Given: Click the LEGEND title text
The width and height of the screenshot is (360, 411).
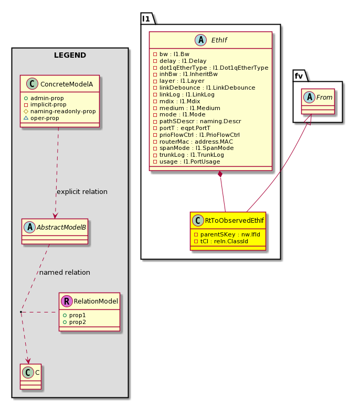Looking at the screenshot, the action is (x=70, y=56).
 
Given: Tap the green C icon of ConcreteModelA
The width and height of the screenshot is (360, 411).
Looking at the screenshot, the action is (x=33, y=84).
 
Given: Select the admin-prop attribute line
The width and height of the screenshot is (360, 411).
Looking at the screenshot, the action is (x=44, y=99).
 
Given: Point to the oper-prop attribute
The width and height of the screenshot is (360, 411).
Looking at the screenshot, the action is (x=41, y=118).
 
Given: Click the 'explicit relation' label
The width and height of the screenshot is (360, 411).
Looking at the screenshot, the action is (x=82, y=192).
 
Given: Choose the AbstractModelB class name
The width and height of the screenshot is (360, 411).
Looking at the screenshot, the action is (x=61, y=228).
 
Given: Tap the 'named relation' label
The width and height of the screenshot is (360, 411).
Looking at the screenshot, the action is (x=65, y=273).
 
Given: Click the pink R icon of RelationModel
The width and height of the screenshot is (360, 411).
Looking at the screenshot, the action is (x=67, y=301).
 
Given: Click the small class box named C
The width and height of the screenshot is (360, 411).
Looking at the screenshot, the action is (x=30, y=376).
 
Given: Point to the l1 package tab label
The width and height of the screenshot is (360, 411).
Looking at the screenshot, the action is (x=146, y=19).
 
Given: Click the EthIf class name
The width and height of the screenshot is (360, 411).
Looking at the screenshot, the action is (x=219, y=40).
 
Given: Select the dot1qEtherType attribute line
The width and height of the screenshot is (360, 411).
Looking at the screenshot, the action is (x=211, y=68).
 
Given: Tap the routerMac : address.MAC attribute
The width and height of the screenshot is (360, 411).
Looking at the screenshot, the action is (x=193, y=142).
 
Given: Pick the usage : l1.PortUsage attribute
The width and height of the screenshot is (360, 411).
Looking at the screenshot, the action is (x=187, y=161).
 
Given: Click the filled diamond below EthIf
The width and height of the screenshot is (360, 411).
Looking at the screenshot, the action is (x=220, y=174).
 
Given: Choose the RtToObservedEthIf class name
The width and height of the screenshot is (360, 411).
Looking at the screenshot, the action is (x=234, y=220).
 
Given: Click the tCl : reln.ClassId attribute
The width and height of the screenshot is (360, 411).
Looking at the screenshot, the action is (x=221, y=241).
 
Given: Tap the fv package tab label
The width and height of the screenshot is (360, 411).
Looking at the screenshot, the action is (x=299, y=76).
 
